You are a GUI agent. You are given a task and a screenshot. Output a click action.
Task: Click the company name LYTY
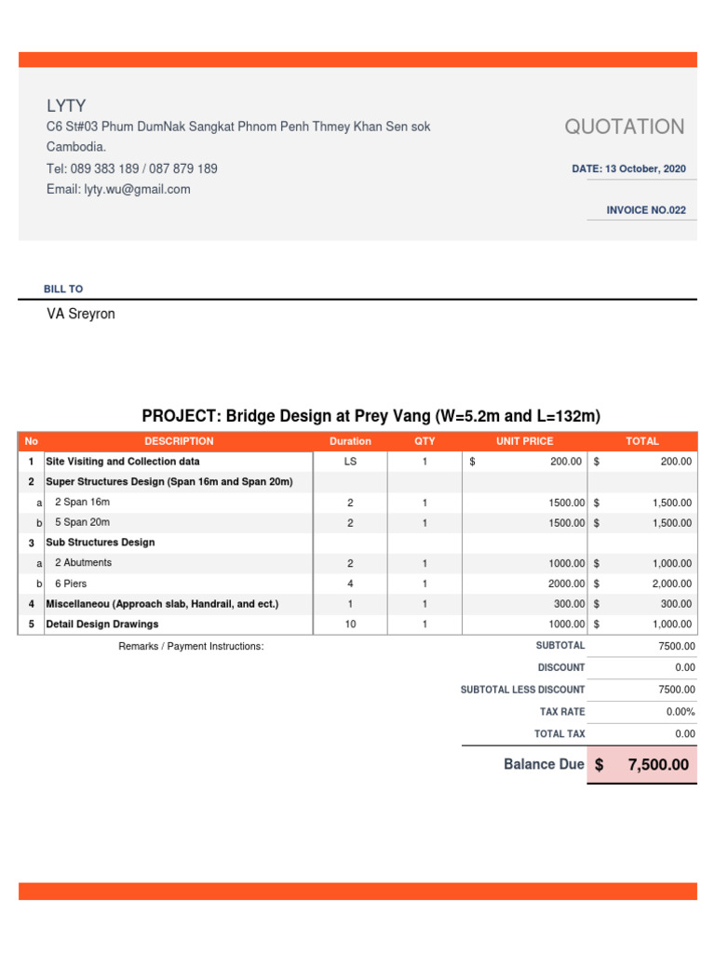(x=66, y=106)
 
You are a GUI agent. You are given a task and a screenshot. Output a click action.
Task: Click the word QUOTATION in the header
(x=625, y=127)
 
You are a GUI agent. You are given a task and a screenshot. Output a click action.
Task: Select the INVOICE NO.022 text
(x=645, y=210)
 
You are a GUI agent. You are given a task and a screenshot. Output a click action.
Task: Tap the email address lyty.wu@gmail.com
(x=118, y=189)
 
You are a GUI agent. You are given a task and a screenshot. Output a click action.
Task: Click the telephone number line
(x=132, y=168)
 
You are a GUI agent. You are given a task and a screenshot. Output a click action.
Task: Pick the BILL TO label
(x=63, y=289)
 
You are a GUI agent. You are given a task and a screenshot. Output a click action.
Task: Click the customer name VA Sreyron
(x=81, y=315)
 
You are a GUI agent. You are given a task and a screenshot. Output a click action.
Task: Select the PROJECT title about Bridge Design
(x=371, y=416)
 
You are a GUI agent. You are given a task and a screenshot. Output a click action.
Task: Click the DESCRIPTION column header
(x=179, y=441)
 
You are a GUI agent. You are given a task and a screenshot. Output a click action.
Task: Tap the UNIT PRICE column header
(x=524, y=441)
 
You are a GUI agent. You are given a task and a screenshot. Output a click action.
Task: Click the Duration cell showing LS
(x=350, y=462)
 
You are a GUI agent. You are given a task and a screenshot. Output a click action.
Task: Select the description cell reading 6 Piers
(x=75, y=584)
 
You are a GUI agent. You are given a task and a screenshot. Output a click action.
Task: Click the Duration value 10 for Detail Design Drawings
(x=350, y=624)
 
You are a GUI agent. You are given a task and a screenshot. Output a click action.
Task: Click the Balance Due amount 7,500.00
(x=658, y=765)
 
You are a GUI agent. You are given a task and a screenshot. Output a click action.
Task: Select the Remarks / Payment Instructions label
(x=191, y=646)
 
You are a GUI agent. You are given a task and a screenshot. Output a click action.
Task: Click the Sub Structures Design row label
(x=101, y=543)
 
